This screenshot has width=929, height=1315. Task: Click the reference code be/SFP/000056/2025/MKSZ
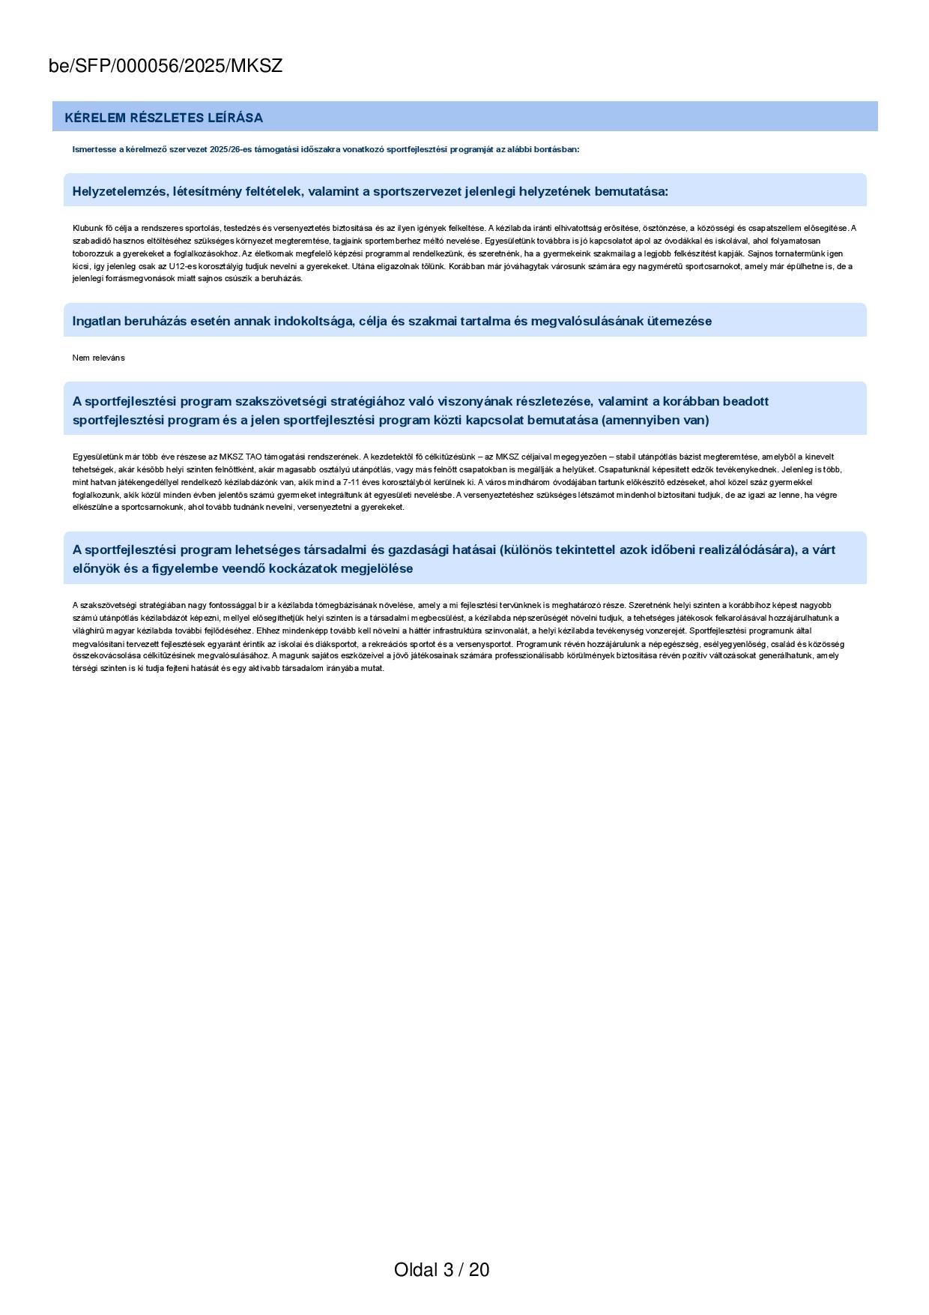166,66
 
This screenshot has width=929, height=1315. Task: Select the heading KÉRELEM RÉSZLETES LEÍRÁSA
163,118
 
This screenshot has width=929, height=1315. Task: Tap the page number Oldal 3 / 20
441,1269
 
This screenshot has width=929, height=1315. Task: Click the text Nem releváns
98,358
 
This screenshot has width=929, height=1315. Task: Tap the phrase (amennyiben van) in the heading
655,420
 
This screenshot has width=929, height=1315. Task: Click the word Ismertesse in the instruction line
94,149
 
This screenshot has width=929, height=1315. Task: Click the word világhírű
88,631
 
